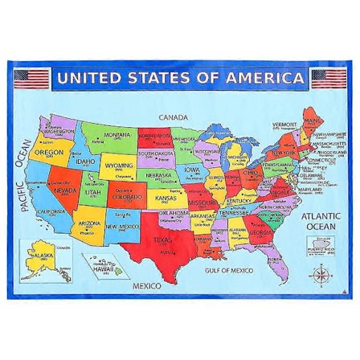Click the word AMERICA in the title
click(x=266, y=79)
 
